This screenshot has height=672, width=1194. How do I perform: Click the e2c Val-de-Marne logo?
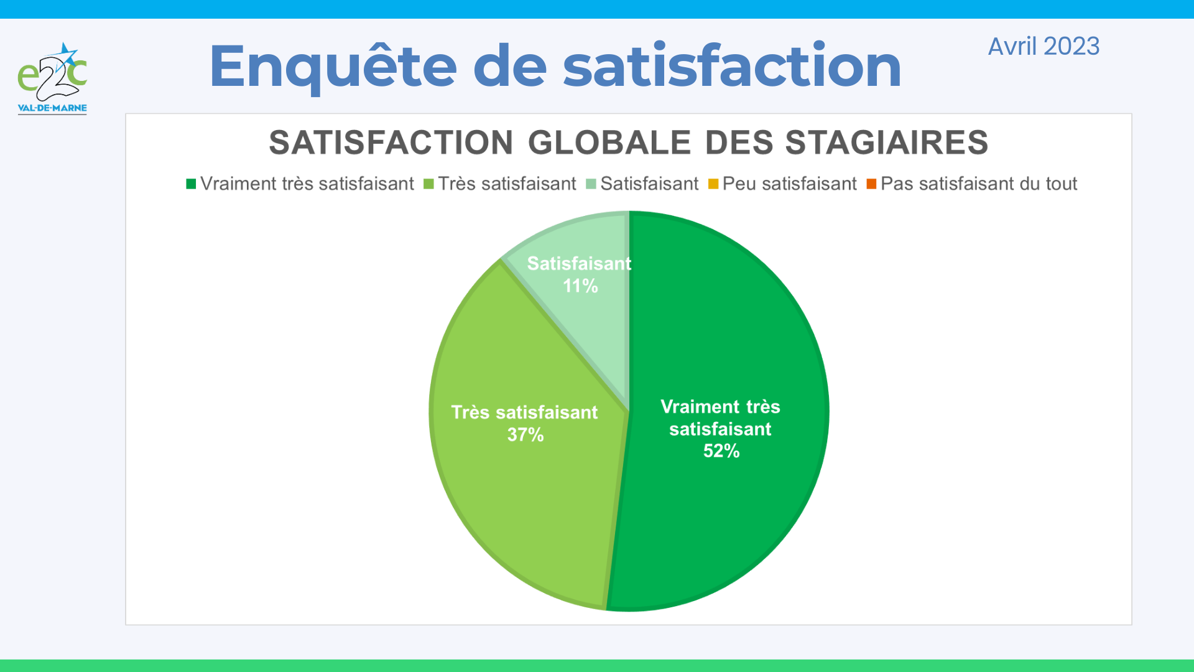pyautogui.click(x=52, y=78)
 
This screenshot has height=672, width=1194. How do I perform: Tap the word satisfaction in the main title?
pyautogui.click(x=732, y=65)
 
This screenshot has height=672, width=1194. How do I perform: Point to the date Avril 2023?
pyautogui.click(x=1044, y=47)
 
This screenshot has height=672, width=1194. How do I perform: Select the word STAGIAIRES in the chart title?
pyautogui.click(x=886, y=142)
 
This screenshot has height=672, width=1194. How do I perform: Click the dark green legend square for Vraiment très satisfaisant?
pyautogui.click(x=191, y=184)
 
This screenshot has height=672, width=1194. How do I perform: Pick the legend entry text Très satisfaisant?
pyautogui.click(x=507, y=184)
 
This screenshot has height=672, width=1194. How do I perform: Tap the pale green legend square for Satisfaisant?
pyautogui.click(x=591, y=184)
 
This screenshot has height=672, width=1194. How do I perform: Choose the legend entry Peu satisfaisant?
pyautogui.click(x=789, y=184)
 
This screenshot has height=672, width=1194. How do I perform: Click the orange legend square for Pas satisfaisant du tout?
pyautogui.click(x=871, y=184)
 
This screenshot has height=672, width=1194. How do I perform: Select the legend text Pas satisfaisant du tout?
pyautogui.click(x=979, y=184)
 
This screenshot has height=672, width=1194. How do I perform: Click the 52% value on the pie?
pyautogui.click(x=721, y=451)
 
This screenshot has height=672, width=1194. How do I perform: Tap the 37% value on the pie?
pyautogui.click(x=525, y=435)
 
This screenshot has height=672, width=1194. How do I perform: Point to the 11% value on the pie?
pyautogui.click(x=580, y=286)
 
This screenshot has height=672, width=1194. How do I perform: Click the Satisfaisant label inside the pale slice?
pyautogui.click(x=579, y=264)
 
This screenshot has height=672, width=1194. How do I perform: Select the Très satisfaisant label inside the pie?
pyautogui.click(x=524, y=413)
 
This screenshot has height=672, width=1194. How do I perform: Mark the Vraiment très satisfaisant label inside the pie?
pyautogui.click(x=720, y=418)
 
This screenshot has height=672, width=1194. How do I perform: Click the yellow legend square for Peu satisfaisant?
pyautogui.click(x=713, y=184)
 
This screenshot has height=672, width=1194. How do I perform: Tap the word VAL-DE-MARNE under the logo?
pyautogui.click(x=52, y=108)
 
